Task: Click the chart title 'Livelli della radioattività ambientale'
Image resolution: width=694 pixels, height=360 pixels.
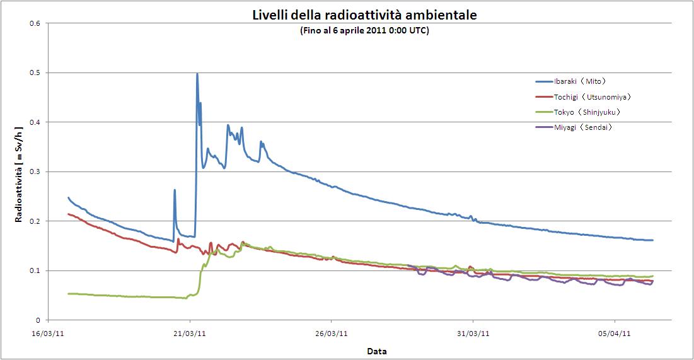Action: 365,15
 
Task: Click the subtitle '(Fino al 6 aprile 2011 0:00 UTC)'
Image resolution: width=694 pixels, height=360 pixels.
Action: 365,30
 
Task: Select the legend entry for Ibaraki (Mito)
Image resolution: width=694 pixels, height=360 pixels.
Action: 579,81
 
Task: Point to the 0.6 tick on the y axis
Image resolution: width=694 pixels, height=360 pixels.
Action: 35,23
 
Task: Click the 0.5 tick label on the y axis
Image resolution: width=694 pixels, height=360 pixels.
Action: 35,73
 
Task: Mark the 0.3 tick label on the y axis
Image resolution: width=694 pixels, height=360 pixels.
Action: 35,172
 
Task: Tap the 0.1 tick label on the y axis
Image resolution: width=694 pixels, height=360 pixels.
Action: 35,271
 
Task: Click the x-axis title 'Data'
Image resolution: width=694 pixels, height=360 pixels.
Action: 377,351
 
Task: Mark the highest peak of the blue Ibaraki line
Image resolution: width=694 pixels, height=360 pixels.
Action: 197,74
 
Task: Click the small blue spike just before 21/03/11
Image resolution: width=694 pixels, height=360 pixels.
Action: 175,190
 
